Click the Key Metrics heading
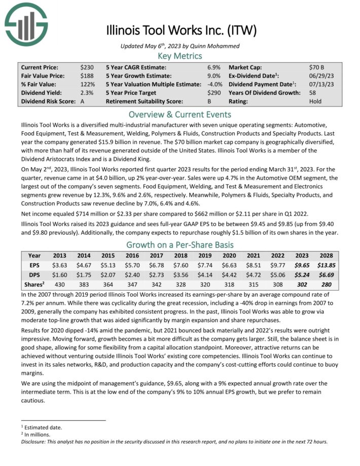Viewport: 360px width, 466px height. pyautogui.click(x=180, y=56)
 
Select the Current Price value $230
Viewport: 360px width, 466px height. pyautogui.click(x=87, y=67)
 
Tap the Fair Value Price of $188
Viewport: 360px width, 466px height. pyautogui.click(x=87, y=76)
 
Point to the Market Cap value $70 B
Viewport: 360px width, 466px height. pyautogui.click(x=316, y=67)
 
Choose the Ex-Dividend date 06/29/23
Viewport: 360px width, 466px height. pyautogui.click(x=320, y=76)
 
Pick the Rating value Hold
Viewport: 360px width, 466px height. pyautogui.click(x=315, y=101)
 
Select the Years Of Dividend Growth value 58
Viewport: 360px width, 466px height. pyautogui.click(x=312, y=93)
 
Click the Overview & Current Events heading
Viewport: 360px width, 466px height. pyautogui.click(x=180, y=114)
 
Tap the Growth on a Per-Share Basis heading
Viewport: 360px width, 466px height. pyautogui.click(x=180, y=245)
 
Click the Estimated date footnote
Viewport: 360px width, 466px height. pyautogui.click(x=43, y=427)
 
